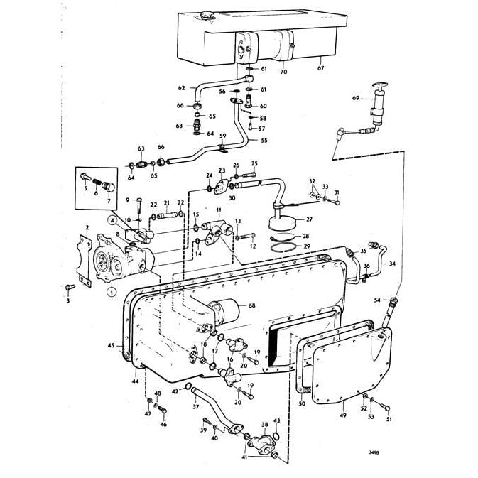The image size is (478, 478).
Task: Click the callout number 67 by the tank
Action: [x=320, y=69]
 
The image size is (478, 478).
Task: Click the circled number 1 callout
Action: [x=112, y=290]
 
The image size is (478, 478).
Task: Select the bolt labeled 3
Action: [x=69, y=288]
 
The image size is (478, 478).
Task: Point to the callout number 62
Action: [x=181, y=88]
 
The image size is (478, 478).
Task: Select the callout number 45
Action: [x=111, y=345]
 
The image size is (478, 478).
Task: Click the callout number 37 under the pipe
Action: [x=196, y=408]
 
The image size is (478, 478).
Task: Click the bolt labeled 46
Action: [x=161, y=411]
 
